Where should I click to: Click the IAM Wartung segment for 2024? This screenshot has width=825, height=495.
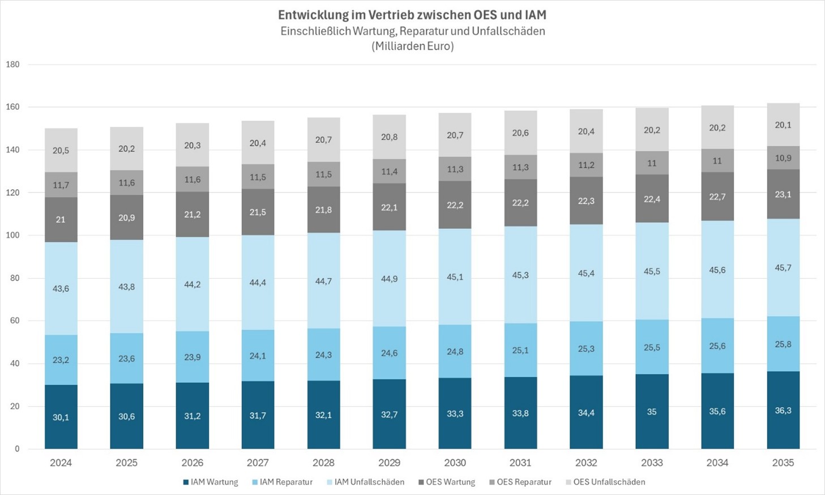coord(61,417)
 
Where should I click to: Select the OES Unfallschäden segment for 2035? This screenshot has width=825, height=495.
coord(783,125)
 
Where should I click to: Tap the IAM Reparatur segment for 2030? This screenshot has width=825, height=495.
coord(455,351)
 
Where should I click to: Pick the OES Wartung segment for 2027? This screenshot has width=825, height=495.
coord(258,212)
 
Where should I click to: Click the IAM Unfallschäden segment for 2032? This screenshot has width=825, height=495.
coord(586,273)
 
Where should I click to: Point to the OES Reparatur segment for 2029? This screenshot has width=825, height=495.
coord(389,171)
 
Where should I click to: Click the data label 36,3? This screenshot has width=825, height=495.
coord(783,410)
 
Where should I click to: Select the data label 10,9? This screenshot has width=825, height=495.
coord(783,158)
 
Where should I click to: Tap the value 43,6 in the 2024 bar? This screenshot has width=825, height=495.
coord(61,288)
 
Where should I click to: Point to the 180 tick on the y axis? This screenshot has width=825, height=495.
coord(12,64)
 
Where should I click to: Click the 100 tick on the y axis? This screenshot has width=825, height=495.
coord(12,235)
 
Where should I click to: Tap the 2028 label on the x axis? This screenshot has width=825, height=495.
coord(323,463)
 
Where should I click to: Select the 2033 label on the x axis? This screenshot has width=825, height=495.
coord(652,463)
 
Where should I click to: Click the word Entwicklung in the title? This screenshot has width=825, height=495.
coord(310,15)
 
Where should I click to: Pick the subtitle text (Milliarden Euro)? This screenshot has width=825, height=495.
coord(412,46)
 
